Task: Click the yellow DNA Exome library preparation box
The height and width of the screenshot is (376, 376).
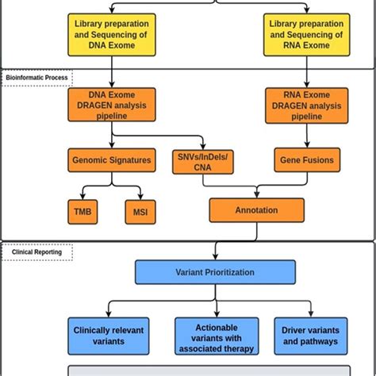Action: tap(113, 36)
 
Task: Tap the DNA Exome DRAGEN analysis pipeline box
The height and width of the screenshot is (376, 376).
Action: tap(113, 105)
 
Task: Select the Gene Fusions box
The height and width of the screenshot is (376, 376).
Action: tap(306, 160)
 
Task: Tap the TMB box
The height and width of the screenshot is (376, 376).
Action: tap(82, 212)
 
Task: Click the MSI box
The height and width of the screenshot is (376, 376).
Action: tap(140, 212)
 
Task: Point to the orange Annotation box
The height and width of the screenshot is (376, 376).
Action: tap(256, 211)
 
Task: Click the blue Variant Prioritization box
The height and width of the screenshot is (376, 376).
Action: tap(215, 272)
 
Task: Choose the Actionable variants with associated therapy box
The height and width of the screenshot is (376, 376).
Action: tap(216, 336)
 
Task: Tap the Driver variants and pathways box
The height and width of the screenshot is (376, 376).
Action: tap(310, 336)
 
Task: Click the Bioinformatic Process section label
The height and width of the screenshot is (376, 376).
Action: tap(36, 78)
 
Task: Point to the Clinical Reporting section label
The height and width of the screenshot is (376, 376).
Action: tap(36, 252)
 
